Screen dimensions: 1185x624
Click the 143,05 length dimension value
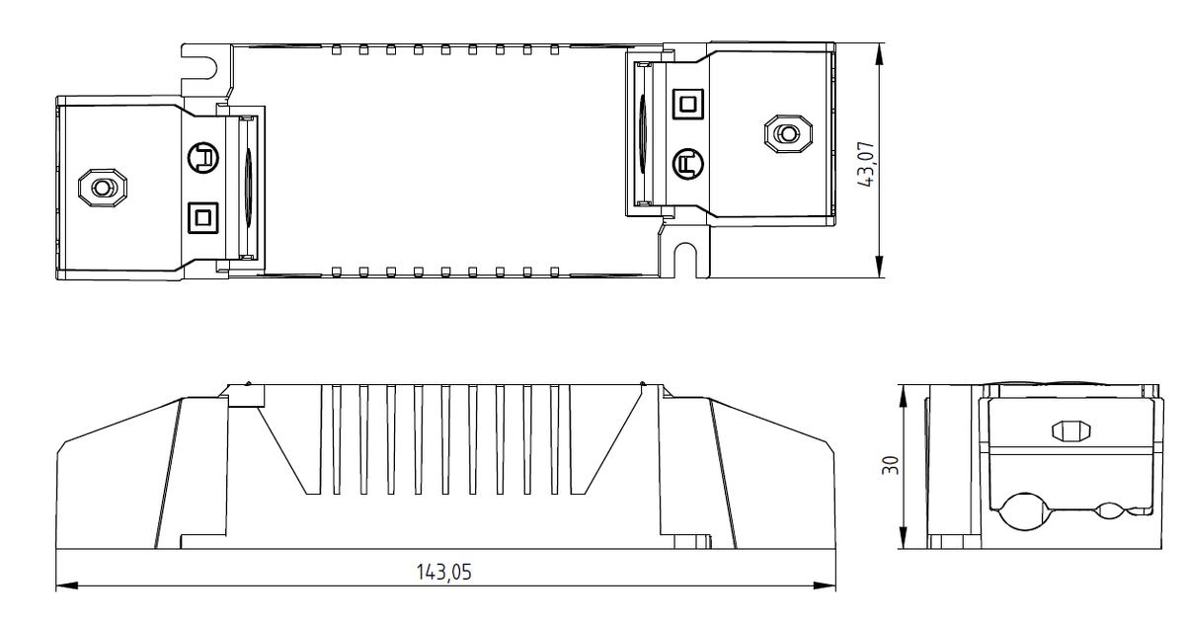[x=443, y=573]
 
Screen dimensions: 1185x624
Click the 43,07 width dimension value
[x=866, y=164]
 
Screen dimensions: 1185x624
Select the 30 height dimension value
[x=891, y=465]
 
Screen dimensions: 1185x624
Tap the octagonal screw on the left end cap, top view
[x=103, y=188]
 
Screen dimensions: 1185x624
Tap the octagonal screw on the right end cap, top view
[x=788, y=134]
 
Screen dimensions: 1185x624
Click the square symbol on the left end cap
[x=203, y=217]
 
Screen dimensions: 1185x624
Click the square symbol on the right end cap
[x=687, y=104]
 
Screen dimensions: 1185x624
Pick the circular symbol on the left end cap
[x=203, y=158]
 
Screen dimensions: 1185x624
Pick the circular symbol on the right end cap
[x=687, y=164]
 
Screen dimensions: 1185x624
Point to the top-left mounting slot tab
[x=206, y=70]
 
